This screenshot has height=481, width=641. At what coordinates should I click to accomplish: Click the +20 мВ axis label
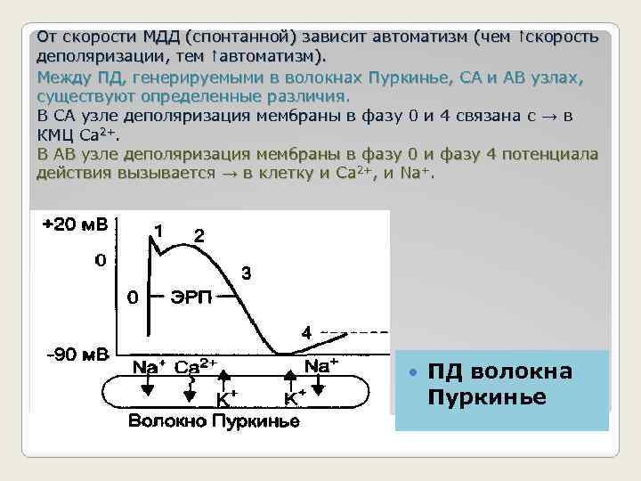point(76,224)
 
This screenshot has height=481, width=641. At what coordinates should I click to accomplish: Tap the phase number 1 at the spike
point(158,229)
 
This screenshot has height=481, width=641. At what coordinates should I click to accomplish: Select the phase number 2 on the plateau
point(199,236)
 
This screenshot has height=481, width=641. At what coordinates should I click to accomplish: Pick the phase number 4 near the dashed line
point(306,332)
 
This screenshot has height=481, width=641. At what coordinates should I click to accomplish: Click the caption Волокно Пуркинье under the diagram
point(214,420)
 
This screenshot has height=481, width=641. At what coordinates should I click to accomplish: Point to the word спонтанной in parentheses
point(242,37)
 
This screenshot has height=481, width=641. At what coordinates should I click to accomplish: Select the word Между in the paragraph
point(61,77)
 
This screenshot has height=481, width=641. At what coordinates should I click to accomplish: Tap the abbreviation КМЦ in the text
point(55,135)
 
